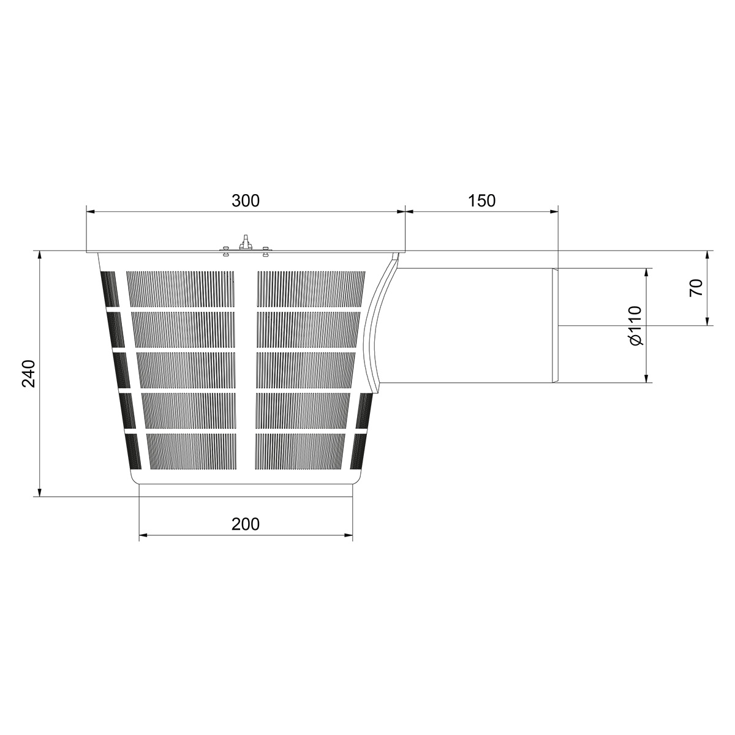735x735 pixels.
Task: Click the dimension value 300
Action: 246,200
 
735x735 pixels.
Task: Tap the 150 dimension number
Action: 481,200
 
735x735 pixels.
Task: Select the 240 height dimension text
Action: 29,373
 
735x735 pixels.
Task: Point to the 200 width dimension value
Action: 246,524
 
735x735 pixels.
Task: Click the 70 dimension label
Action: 695,287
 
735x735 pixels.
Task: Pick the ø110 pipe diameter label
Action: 635,325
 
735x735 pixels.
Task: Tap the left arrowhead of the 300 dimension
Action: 90,212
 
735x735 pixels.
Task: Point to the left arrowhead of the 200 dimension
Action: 143,537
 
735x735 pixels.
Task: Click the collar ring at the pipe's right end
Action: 556,325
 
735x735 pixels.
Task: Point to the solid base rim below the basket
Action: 246,478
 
